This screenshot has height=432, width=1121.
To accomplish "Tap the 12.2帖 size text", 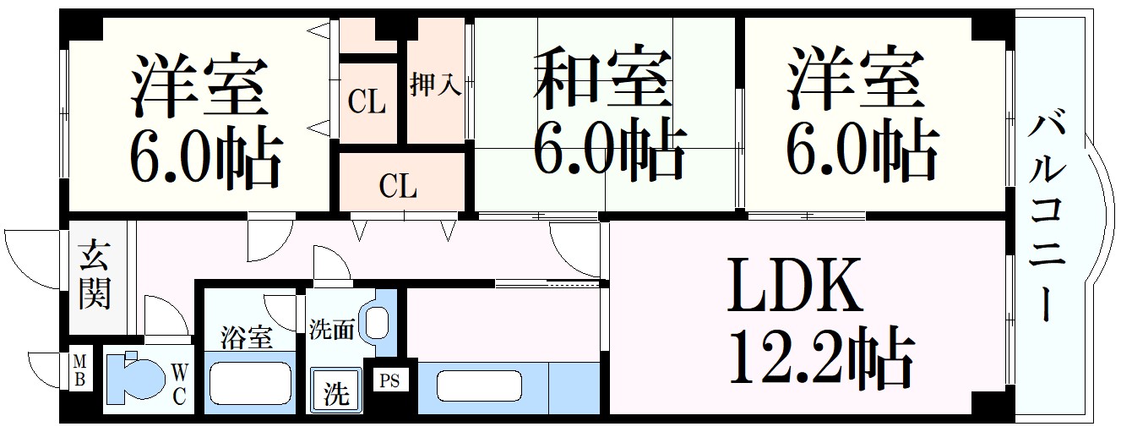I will click(x=819, y=358).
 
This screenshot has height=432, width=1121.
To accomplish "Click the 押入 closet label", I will click(x=435, y=85).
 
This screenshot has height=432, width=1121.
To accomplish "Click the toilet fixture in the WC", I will click(x=135, y=379).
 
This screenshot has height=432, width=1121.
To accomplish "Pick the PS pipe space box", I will click(x=389, y=381).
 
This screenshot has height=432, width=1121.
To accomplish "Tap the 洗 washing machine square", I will click(x=336, y=392).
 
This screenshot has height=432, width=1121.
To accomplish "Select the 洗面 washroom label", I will click(x=331, y=329).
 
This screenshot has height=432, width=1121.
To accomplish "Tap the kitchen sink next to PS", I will click(x=479, y=387).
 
